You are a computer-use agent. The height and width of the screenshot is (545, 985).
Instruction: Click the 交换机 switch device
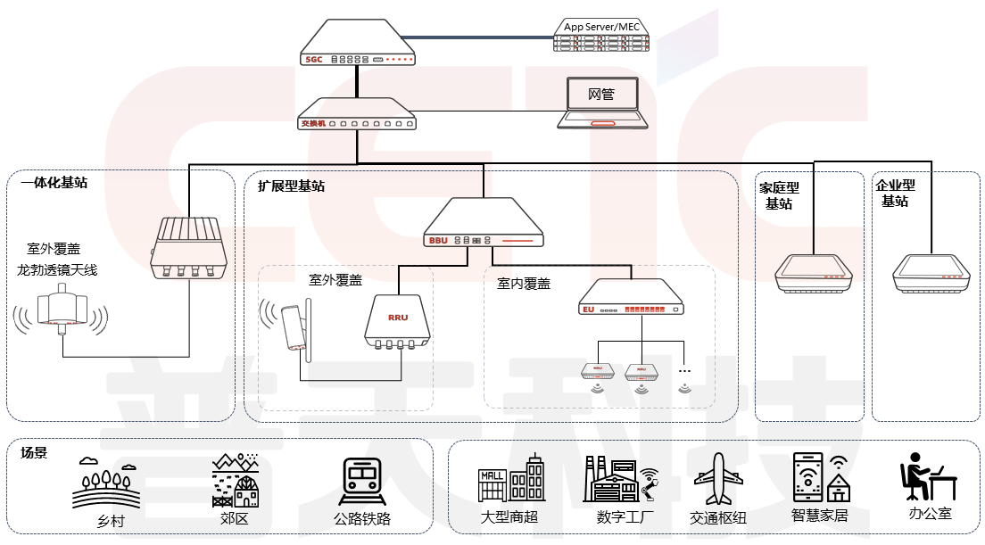[x=357, y=116]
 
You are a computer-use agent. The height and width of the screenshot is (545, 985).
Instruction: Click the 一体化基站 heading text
[x=54, y=183]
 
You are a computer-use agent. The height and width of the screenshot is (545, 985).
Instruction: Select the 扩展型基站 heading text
[x=291, y=186]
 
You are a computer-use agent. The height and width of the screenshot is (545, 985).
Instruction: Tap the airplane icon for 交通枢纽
[x=718, y=480]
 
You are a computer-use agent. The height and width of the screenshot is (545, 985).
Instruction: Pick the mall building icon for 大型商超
[x=510, y=480]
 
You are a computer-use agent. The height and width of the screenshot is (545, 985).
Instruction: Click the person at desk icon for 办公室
[x=924, y=478]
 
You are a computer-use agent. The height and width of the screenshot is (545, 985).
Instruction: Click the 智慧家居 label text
[x=819, y=516]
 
